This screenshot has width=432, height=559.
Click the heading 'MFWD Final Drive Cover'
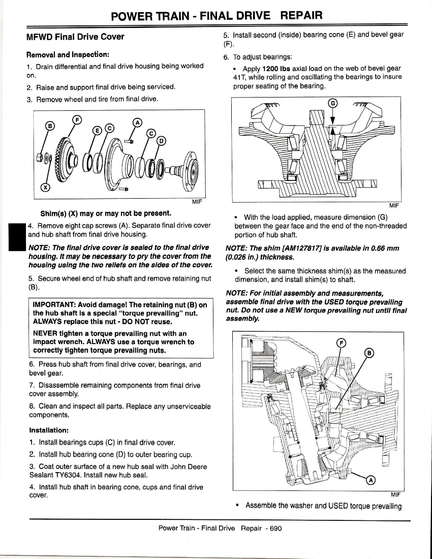click(75, 37)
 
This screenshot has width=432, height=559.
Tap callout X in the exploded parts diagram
click(45, 188)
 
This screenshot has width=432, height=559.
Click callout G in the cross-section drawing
click(333, 103)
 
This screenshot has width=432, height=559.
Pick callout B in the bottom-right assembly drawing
click(369, 353)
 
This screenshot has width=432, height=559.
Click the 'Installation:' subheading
click(49, 430)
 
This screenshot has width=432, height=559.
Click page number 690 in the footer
click(275, 529)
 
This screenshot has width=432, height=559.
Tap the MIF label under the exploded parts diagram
click(197, 202)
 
